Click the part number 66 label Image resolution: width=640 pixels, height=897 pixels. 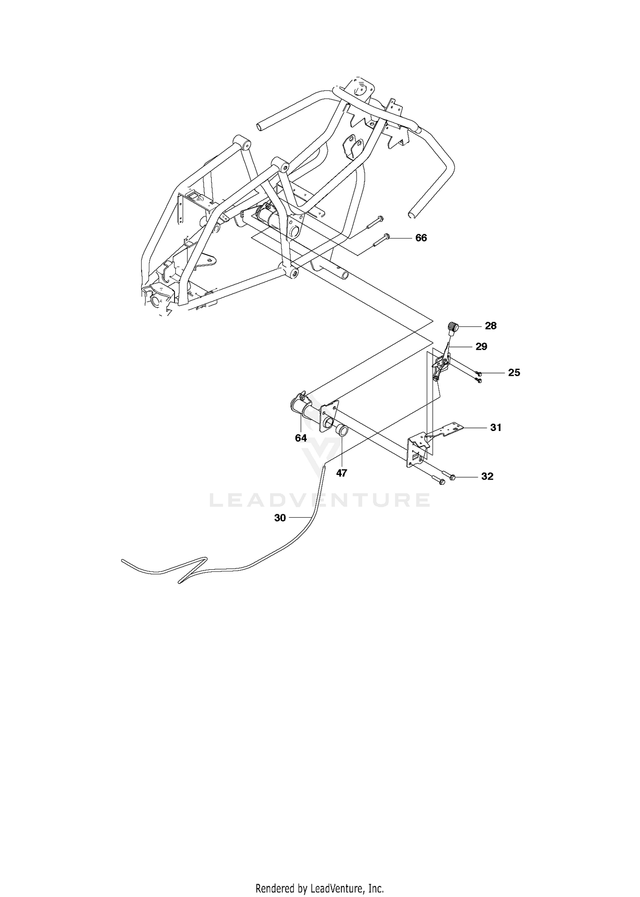point(421,238)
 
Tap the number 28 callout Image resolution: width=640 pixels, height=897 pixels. point(491,326)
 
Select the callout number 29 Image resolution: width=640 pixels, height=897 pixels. point(481,347)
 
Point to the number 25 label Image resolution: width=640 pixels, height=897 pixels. point(514,373)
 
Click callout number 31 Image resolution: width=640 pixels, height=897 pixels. point(495,427)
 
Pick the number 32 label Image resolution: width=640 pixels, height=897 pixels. point(487,476)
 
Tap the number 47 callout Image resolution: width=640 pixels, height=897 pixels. point(341,473)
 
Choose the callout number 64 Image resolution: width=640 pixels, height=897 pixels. point(301,438)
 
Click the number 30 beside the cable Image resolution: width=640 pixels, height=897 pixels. point(280,518)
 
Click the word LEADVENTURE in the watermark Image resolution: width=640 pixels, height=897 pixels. point(320,500)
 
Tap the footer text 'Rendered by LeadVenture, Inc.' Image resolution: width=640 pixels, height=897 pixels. point(320,877)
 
